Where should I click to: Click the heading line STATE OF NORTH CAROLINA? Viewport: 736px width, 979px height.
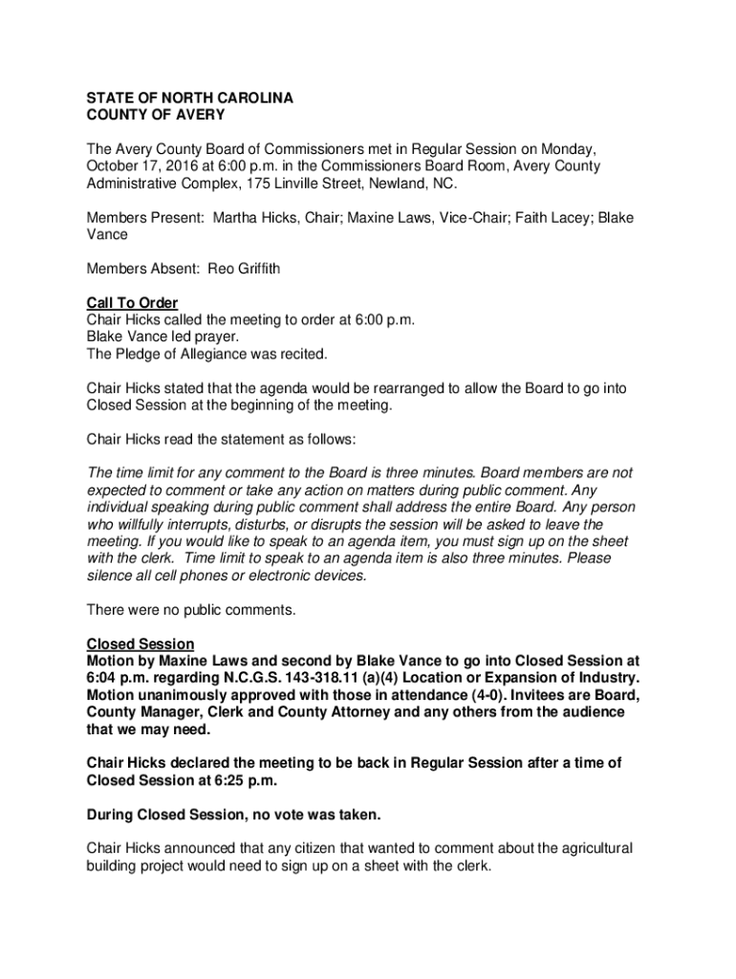point(189,98)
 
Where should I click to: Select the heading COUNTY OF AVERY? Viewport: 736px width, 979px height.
point(156,116)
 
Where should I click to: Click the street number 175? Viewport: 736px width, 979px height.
point(259,184)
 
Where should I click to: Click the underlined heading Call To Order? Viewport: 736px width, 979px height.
point(132,304)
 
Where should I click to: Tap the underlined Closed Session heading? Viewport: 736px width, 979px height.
point(141,644)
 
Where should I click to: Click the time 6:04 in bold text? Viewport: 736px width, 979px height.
point(104,679)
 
